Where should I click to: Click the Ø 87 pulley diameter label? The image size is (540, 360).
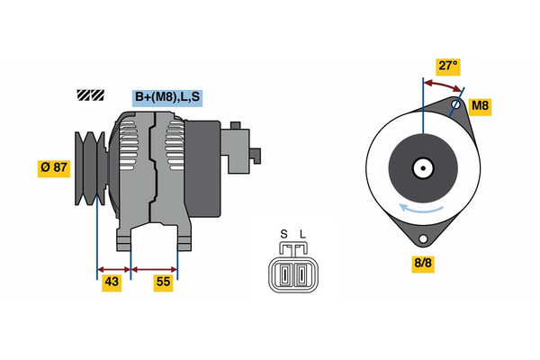(54, 167)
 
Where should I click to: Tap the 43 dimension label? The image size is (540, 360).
(112, 282)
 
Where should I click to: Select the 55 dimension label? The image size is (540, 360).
(163, 282)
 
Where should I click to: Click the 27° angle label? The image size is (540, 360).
(448, 66)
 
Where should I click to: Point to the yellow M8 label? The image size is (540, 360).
(480, 105)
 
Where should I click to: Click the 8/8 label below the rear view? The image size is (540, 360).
(423, 263)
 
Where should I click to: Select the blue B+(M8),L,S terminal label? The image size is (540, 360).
(167, 97)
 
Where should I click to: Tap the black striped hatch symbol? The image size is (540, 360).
(91, 95)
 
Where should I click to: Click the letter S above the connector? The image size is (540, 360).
(283, 234)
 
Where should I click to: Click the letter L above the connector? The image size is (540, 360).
(302, 234)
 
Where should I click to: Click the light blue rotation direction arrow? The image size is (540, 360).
(420, 209)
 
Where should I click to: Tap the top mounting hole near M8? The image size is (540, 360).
(456, 104)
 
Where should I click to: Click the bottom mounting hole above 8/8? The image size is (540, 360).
(423, 238)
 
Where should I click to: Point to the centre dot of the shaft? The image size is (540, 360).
(423, 168)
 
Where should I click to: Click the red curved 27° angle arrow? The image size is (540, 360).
(443, 85)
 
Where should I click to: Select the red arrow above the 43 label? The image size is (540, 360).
(114, 269)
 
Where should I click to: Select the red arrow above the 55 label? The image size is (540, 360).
(154, 269)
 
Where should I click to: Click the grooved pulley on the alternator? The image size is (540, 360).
(90, 168)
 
